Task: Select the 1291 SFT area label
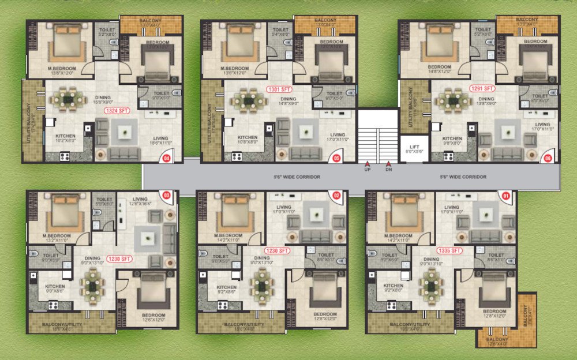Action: tap(482, 89)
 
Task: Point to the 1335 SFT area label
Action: tap(449, 250)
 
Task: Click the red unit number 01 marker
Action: tap(506, 196)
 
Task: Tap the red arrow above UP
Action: tap(367, 164)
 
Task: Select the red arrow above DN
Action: tap(389, 164)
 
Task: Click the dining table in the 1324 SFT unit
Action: tap(69, 99)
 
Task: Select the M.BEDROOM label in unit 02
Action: tap(227, 236)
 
